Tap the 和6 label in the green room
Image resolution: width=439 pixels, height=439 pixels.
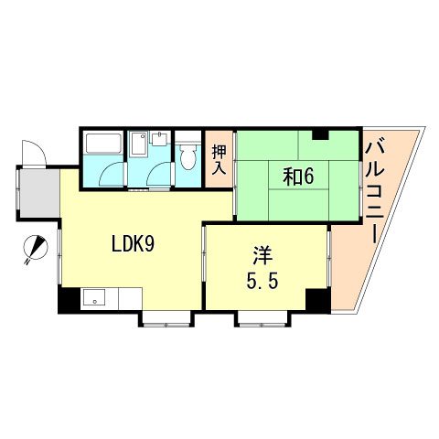pos(298,177)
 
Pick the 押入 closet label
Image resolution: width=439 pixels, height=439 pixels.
pos(219,160)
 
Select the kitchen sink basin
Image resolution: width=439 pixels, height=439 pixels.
pos(94,298)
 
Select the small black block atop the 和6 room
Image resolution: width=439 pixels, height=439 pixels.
pos(320,135)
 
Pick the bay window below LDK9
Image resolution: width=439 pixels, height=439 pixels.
pos(165,318)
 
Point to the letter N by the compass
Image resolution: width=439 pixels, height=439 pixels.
pos(28,260)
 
